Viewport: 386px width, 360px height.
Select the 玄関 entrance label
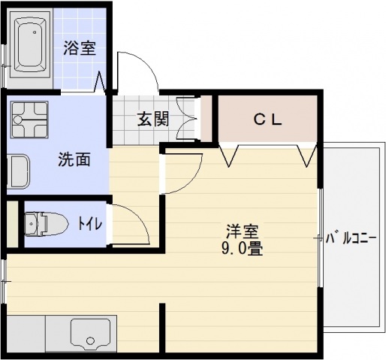tap(152, 119)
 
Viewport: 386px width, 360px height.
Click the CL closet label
tap(266, 118)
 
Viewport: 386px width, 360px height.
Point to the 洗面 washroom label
tap(74, 159)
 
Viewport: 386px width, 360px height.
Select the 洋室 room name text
tap(240, 231)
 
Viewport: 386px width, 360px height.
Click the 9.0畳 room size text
tap(240, 249)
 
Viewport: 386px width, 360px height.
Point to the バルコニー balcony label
tap(351, 240)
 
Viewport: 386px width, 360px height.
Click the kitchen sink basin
tap(91, 332)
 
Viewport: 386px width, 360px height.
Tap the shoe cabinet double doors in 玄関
tap(188, 119)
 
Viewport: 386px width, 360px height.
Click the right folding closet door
tap(307, 154)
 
